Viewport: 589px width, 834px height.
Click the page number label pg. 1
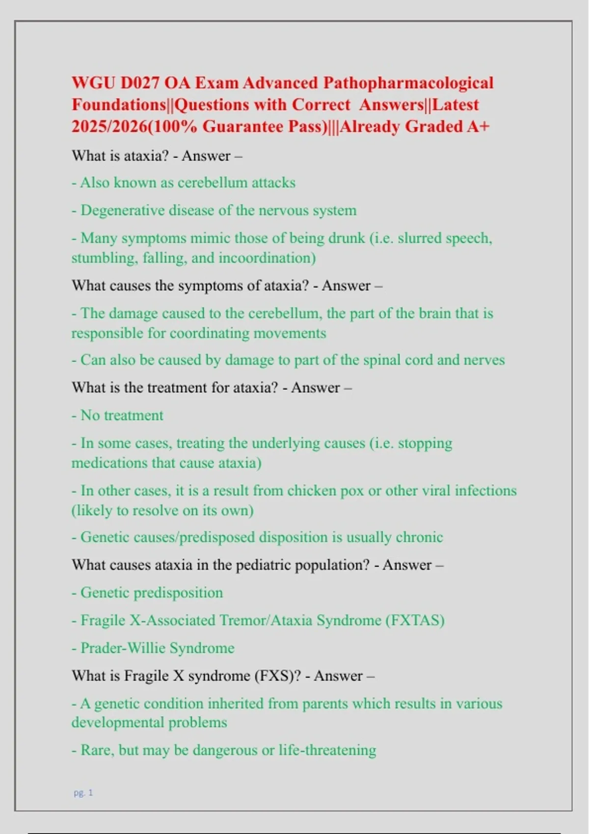click(83, 792)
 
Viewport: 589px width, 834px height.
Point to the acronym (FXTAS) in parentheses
click(415, 620)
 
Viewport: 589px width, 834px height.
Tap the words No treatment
click(122, 416)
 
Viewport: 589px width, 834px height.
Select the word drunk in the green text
click(347, 238)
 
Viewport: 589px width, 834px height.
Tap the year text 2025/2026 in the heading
click(109, 127)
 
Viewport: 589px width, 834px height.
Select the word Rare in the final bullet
click(95, 750)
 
